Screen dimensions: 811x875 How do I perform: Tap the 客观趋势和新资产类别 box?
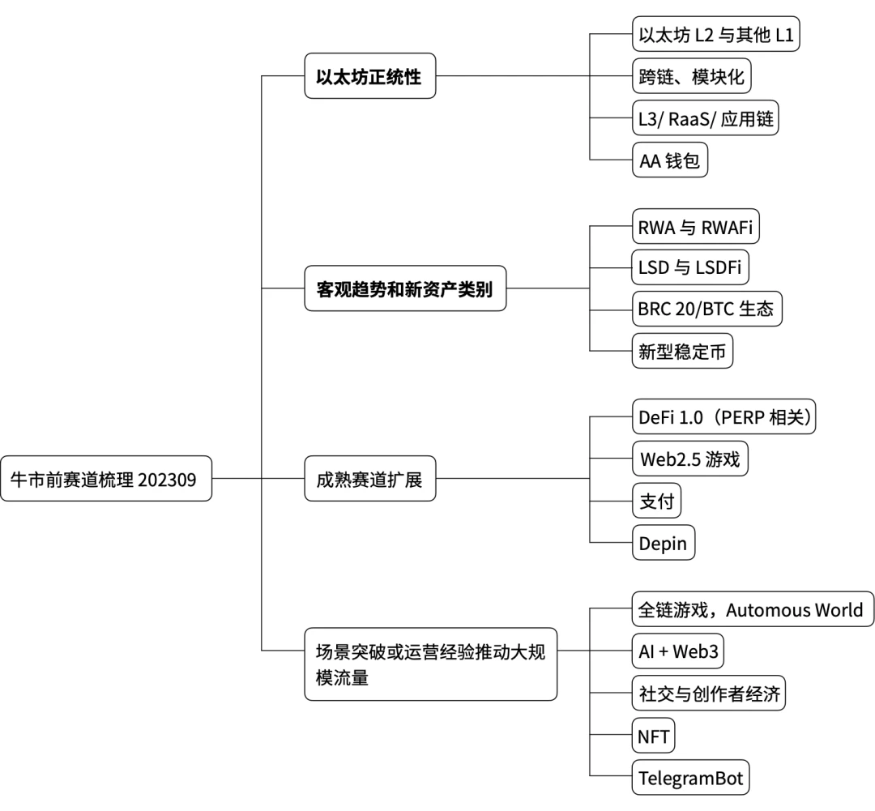pyautogui.click(x=405, y=288)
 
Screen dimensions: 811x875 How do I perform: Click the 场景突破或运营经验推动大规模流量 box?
pyautogui.click(x=430, y=663)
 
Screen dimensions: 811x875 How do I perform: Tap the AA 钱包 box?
pyautogui.click(x=670, y=161)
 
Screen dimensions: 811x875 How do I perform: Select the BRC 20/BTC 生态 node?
pyautogui.click(x=706, y=309)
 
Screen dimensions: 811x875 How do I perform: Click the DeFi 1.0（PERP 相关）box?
pyautogui.click(x=727, y=418)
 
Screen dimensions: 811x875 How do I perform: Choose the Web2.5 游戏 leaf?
pyautogui.click(x=689, y=460)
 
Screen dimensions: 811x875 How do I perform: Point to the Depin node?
pyautogui.click(x=664, y=544)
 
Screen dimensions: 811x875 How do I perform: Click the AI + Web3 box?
pyautogui.click(x=678, y=652)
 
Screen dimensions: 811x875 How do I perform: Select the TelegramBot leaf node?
pyautogui.click(x=691, y=779)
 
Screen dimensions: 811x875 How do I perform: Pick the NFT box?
pyautogui.click(x=653, y=736)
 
